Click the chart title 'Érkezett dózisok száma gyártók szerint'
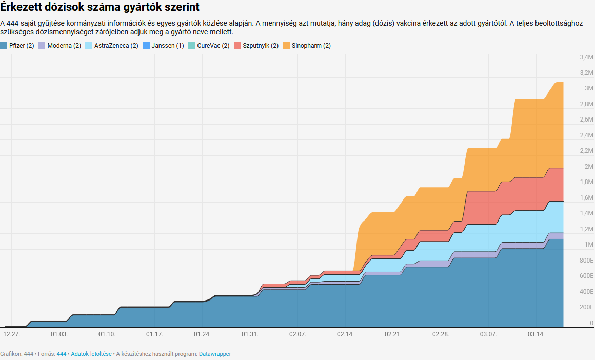click(x=100, y=8)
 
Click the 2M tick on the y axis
click(x=588, y=167)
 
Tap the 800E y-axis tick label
click(x=586, y=261)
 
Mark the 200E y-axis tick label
click(x=586, y=308)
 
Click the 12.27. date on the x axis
click(x=11, y=334)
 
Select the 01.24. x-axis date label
click(x=202, y=334)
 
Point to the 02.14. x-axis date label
click(x=345, y=334)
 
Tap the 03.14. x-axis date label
click(x=536, y=334)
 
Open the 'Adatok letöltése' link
click(x=91, y=354)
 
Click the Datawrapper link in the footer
click(x=214, y=354)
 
